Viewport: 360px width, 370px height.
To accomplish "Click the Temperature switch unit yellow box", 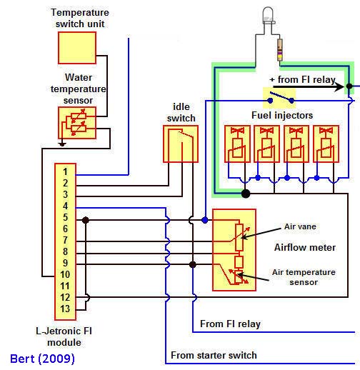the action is point(77,48).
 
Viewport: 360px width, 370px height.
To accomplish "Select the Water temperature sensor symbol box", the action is point(77,123).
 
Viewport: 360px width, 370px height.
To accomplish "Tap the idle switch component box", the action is point(181,144).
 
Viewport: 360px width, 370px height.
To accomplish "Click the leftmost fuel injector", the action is point(237,144).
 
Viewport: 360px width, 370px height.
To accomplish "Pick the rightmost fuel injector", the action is point(326,144).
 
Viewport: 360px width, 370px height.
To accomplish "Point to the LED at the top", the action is point(268,16).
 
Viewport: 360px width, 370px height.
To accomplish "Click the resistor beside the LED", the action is point(280,49).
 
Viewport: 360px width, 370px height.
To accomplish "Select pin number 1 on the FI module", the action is point(65,171).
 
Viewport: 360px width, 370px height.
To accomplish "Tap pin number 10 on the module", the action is point(65,274).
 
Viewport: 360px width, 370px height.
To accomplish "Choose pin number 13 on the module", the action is point(65,309).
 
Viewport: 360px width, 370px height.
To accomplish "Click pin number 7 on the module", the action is point(65,240).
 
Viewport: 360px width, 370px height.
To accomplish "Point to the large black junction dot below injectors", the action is point(246,194).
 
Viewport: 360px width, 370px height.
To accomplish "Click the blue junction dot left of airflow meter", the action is point(205,220).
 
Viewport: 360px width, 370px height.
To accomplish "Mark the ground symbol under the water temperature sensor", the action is point(62,143).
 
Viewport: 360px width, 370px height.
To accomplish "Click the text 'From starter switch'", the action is point(214,355).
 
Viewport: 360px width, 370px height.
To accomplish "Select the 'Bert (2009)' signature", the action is point(42,359).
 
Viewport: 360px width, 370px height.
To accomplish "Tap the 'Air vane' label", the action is point(300,226).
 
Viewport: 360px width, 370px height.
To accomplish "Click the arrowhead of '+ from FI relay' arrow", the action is point(340,86).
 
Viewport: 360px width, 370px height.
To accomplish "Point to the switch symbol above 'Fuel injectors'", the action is point(281,98).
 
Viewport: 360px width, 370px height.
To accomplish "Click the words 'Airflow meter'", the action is point(305,247).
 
